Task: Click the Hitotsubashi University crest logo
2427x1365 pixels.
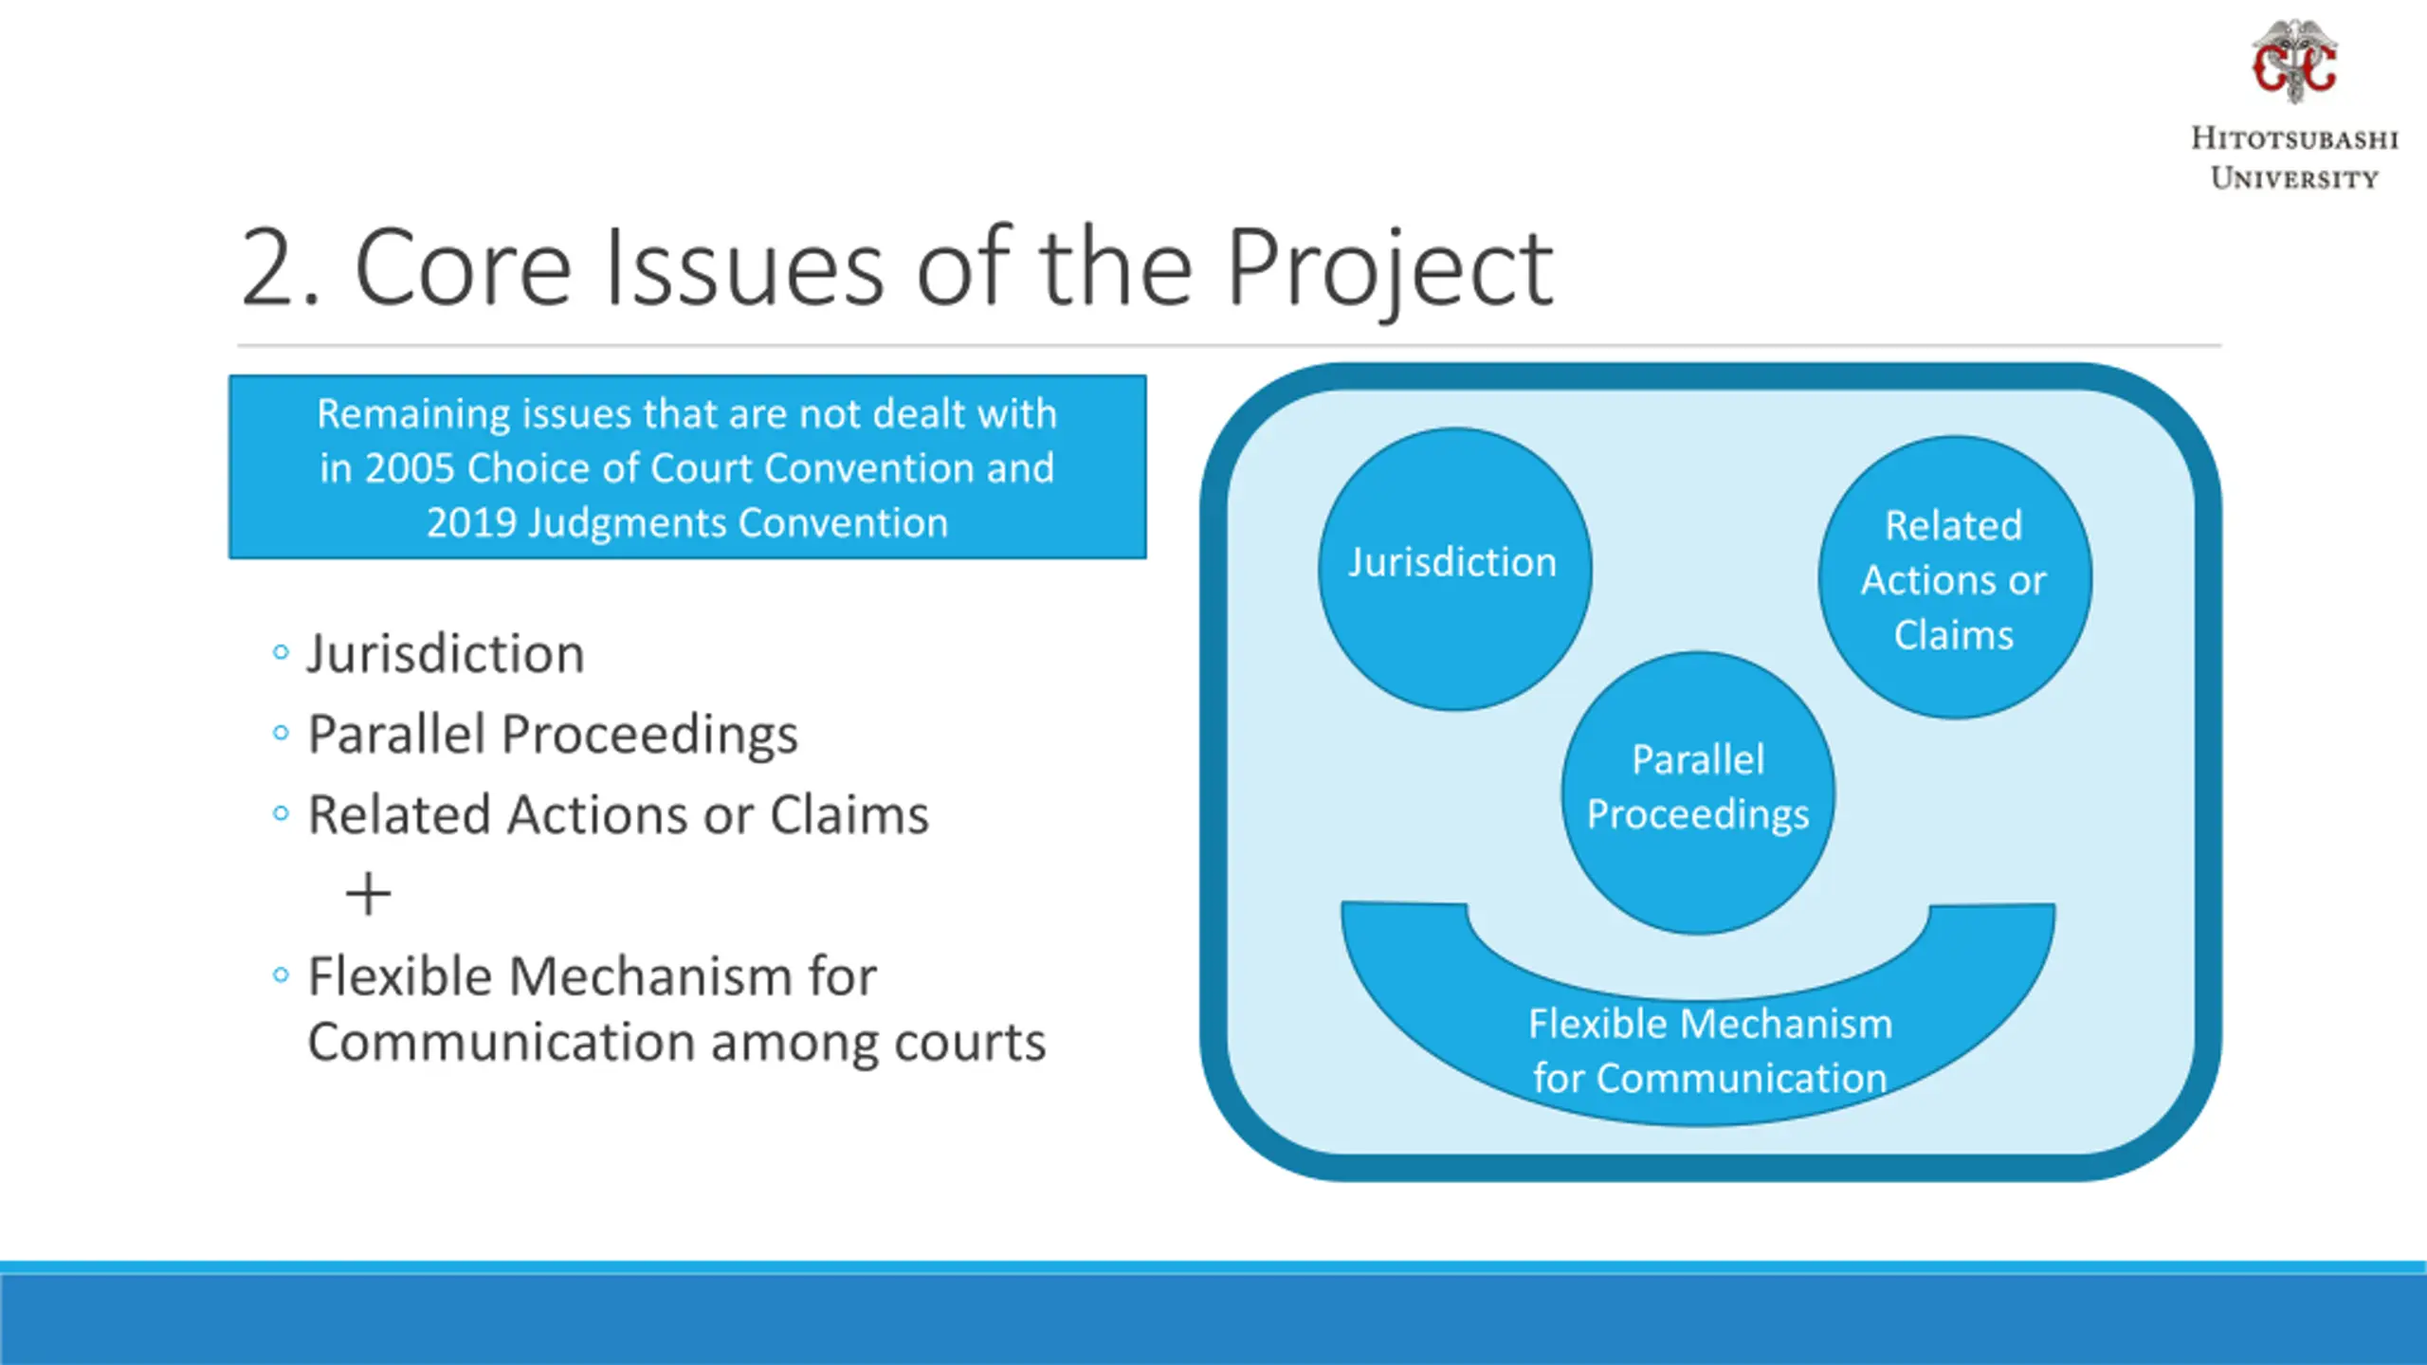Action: (2294, 62)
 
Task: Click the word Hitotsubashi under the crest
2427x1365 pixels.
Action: (2294, 138)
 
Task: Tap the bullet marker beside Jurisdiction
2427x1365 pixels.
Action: (280, 652)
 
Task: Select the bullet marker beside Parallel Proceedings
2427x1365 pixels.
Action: (280, 733)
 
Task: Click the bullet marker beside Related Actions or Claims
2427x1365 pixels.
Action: (280, 813)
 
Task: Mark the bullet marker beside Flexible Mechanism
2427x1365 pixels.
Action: (280, 974)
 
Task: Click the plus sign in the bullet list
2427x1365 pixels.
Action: (368, 895)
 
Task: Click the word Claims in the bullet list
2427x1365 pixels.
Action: (849, 815)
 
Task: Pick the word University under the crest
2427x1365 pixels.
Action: (2294, 178)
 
